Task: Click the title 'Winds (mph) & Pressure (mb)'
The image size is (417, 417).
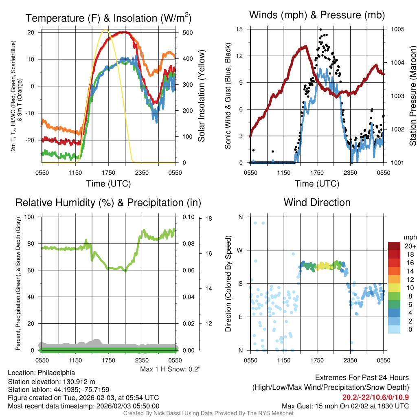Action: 317,15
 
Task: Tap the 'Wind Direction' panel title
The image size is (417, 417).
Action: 317,202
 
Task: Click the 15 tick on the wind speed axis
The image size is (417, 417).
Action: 239,29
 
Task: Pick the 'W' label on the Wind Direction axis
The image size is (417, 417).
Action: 240,250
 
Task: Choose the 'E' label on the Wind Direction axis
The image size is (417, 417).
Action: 240,317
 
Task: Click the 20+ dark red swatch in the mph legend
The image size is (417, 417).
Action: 394,246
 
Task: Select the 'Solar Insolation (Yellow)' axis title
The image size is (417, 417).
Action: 202,96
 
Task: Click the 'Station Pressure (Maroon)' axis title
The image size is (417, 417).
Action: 412,96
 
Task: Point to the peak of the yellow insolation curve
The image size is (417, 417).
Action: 106,30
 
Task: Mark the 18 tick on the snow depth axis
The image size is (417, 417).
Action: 208,219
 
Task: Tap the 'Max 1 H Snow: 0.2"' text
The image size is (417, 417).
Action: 170,369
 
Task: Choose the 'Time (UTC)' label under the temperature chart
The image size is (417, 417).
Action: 108,184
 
